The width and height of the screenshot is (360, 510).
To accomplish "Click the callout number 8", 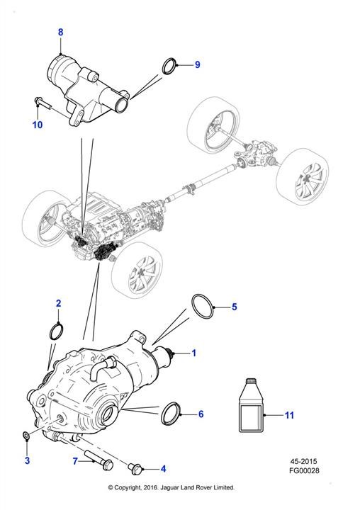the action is coord(60,32).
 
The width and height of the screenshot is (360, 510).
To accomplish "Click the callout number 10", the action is coord(38,125).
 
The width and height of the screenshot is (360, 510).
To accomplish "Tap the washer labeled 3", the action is coord(26,435).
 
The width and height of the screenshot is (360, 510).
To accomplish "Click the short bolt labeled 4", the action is coord(135,468).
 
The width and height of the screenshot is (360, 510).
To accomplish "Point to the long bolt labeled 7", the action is coord(99,458).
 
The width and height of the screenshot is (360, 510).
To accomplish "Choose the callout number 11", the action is coord(289,415).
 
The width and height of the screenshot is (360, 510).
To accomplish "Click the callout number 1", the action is coord(194,353).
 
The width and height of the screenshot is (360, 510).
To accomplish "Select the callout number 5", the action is coord(235,307).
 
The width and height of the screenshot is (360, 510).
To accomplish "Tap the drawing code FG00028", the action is coord(304,470).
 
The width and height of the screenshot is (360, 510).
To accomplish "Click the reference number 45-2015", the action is coord(304,461).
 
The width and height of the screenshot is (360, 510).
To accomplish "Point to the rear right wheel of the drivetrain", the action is coord(302,177).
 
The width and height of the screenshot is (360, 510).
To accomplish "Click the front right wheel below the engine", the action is coord(137,270).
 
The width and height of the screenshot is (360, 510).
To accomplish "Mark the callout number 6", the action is coord(201,414).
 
